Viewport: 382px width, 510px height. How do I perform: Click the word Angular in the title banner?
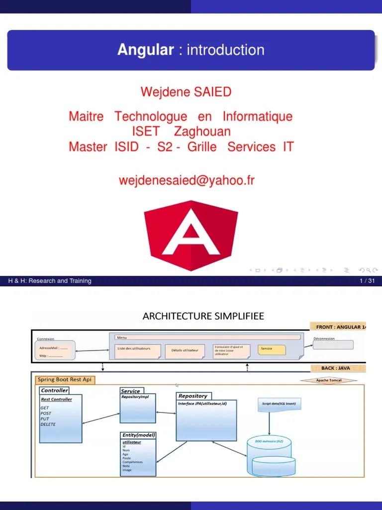145,50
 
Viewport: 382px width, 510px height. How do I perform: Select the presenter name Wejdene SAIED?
186,92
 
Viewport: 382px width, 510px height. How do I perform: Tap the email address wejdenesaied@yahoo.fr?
187,180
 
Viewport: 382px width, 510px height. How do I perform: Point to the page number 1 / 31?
367,281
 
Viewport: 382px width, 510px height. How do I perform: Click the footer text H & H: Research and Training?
50,281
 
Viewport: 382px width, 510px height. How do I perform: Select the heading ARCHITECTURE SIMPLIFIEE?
203,316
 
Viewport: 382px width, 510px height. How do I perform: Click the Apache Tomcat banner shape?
329,381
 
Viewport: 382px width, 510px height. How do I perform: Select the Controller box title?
54,390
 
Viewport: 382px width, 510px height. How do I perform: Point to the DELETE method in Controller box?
48,424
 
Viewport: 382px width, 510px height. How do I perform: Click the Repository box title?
193,396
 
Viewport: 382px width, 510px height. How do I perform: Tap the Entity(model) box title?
139,435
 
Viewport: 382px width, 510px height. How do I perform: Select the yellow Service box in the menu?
272,350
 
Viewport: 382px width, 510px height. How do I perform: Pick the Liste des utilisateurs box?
138,351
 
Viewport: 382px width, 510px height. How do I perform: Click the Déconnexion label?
324,338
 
